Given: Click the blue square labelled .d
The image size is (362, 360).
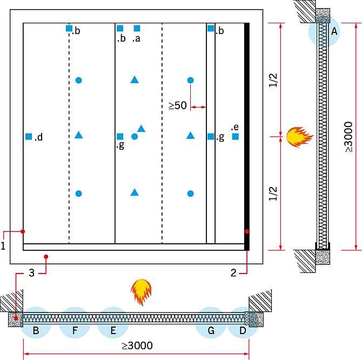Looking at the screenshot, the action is (29, 137).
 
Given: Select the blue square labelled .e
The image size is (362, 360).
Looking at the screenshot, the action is (235, 137).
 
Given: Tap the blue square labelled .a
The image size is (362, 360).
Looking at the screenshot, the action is (137, 29).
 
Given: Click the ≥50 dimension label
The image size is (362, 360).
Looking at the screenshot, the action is (177, 105).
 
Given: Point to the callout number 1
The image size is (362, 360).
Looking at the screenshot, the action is (3, 246).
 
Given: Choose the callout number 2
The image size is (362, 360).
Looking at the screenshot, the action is (233, 273).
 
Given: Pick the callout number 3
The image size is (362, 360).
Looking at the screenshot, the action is (32, 273).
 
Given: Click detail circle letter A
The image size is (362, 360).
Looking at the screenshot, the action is (334, 31).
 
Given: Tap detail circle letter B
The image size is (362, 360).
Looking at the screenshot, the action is (36, 330).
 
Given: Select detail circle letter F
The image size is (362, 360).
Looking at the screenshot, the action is (75, 330).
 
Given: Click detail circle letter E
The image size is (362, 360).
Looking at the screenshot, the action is (113, 330).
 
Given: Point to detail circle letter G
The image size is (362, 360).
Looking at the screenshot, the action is (211, 330).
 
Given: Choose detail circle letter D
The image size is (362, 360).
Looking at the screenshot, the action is (243, 330).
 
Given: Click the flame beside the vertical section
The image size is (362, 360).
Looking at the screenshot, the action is (299, 137).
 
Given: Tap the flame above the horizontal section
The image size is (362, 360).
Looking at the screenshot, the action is (141, 292).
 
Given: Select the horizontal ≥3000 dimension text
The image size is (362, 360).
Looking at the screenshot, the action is (137, 346).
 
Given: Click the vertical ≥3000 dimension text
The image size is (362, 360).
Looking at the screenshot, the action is (349, 137).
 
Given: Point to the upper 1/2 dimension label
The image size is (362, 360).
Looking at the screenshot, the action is (273, 80).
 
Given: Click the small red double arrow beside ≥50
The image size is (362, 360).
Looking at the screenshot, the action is (198, 107).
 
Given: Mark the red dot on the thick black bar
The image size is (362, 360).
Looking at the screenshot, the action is (247, 231).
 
